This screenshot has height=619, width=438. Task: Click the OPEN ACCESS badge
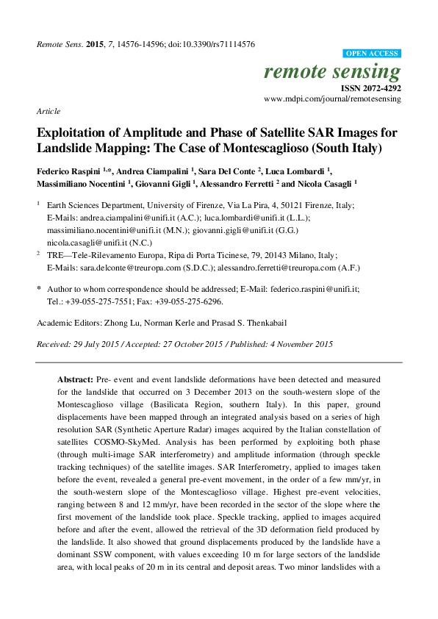click(x=372, y=54)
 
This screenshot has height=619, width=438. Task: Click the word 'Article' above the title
click(x=48, y=111)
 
